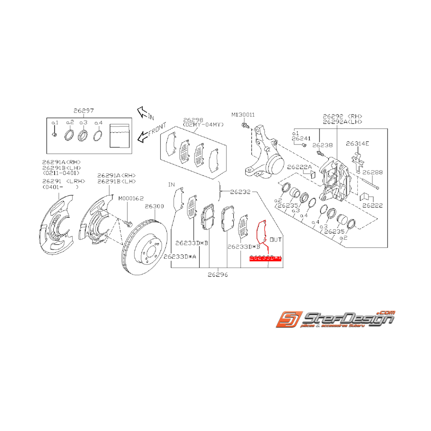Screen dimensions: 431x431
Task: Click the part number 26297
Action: tap(83, 111)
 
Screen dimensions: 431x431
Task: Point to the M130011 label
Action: tap(243, 114)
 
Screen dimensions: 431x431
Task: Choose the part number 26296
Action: tap(218, 274)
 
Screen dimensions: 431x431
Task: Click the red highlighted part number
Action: tap(265, 259)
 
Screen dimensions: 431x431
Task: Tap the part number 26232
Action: tap(240, 190)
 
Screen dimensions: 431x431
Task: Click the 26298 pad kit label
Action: tap(193, 119)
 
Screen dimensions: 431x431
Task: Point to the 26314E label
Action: tap(359, 144)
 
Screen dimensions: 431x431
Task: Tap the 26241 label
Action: tap(301, 138)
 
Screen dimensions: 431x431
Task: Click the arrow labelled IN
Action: tap(145, 112)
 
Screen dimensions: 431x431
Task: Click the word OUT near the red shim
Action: tap(275, 240)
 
